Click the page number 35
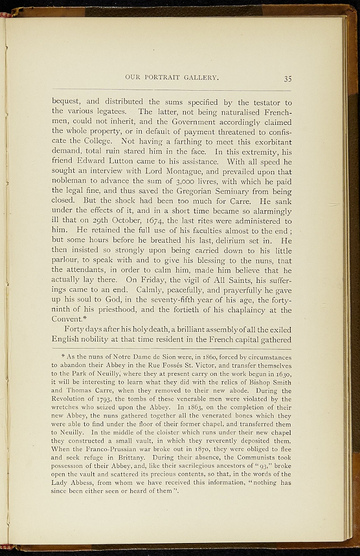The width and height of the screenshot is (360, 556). tap(287, 78)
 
